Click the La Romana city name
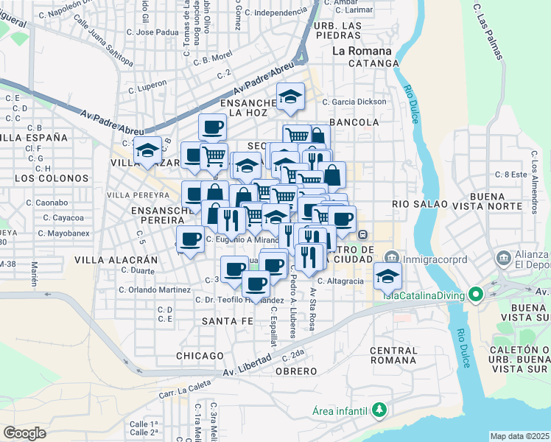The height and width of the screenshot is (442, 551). pyautogui.click(x=362, y=52)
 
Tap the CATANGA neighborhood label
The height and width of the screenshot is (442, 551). pyautogui.click(x=373, y=64)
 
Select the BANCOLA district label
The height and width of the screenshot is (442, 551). pyautogui.click(x=354, y=122)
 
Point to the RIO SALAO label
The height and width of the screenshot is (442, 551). pyautogui.click(x=415, y=204)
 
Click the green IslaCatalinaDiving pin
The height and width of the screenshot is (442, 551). pyautogui.click(x=476, y=296)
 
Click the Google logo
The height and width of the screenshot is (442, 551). pyautogui.click(x=25, y=432)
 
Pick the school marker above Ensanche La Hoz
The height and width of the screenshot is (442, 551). pyautogui.click(x=290, y=97)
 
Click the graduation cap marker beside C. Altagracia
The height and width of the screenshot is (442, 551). pyautogui.click(x=387, y=276)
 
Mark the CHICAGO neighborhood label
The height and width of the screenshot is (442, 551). pyautogui.click(x=200, y=356)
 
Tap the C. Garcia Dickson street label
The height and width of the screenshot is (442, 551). pyautogui.click(x=359, y=102)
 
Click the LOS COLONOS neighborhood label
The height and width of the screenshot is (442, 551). pyautogui.click(x=46, y=178)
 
